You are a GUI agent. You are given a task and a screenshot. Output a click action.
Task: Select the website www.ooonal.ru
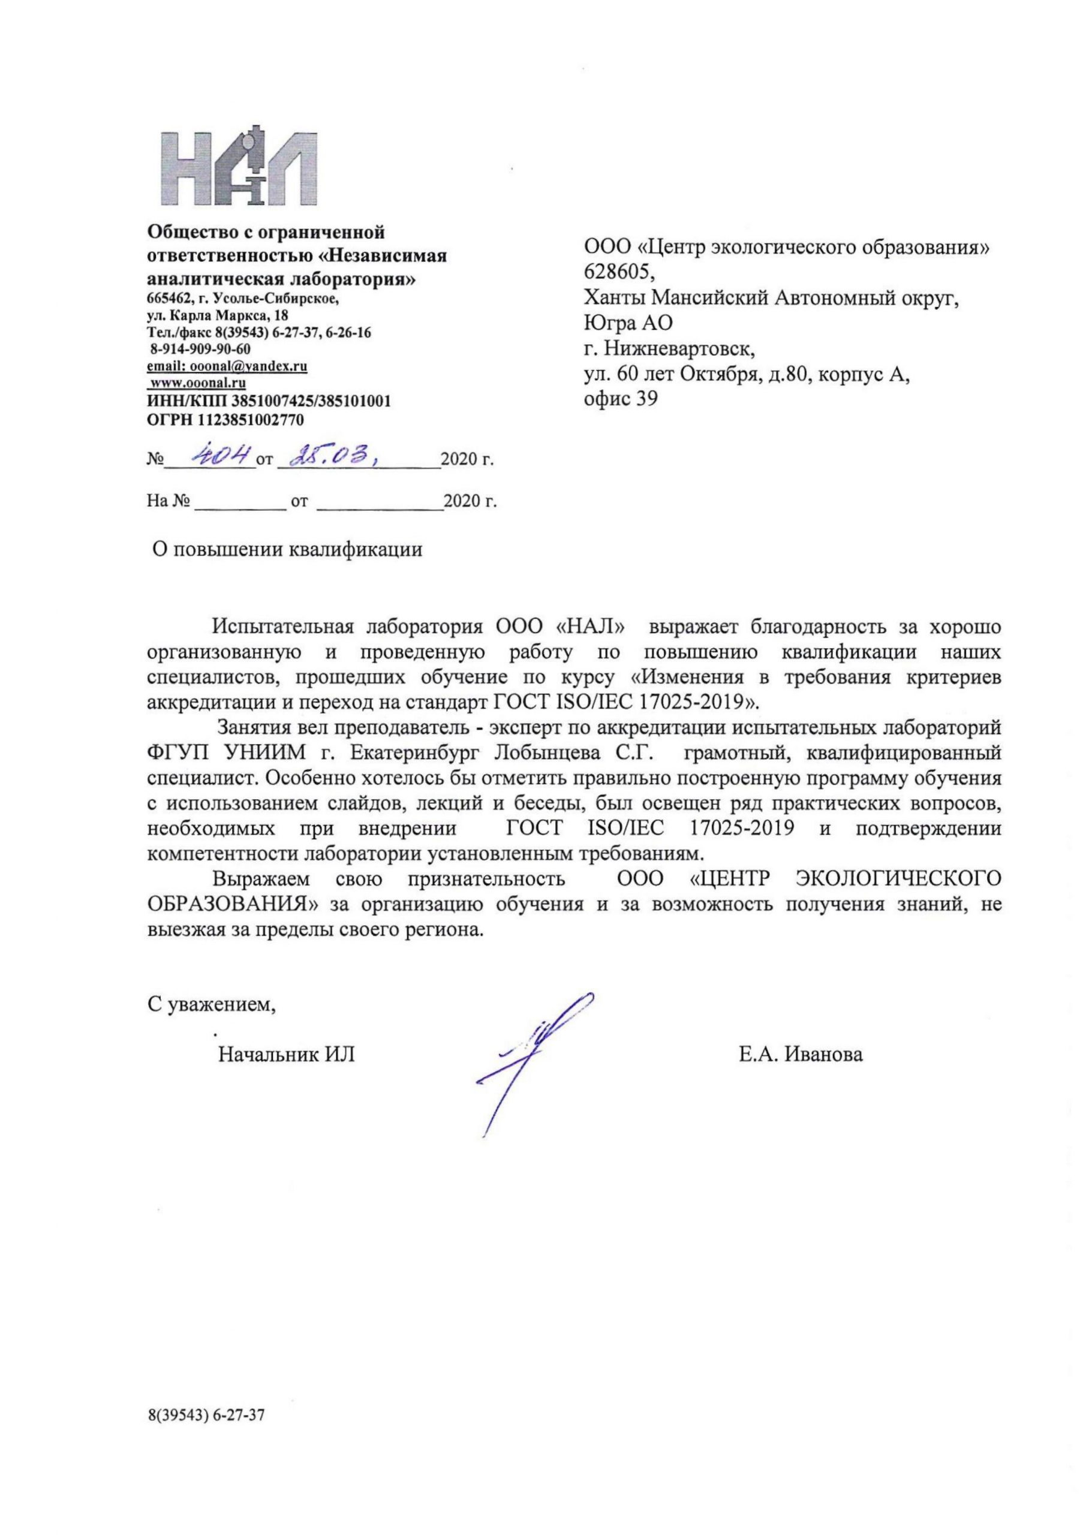[197, 383]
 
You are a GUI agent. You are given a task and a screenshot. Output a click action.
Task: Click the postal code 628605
[620, 272]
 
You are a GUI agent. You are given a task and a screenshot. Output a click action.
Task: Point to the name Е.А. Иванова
[801, 1054]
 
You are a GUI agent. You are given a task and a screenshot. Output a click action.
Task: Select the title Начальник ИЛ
[286, 1054]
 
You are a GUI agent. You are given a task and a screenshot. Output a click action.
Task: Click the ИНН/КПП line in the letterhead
[269, 401]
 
